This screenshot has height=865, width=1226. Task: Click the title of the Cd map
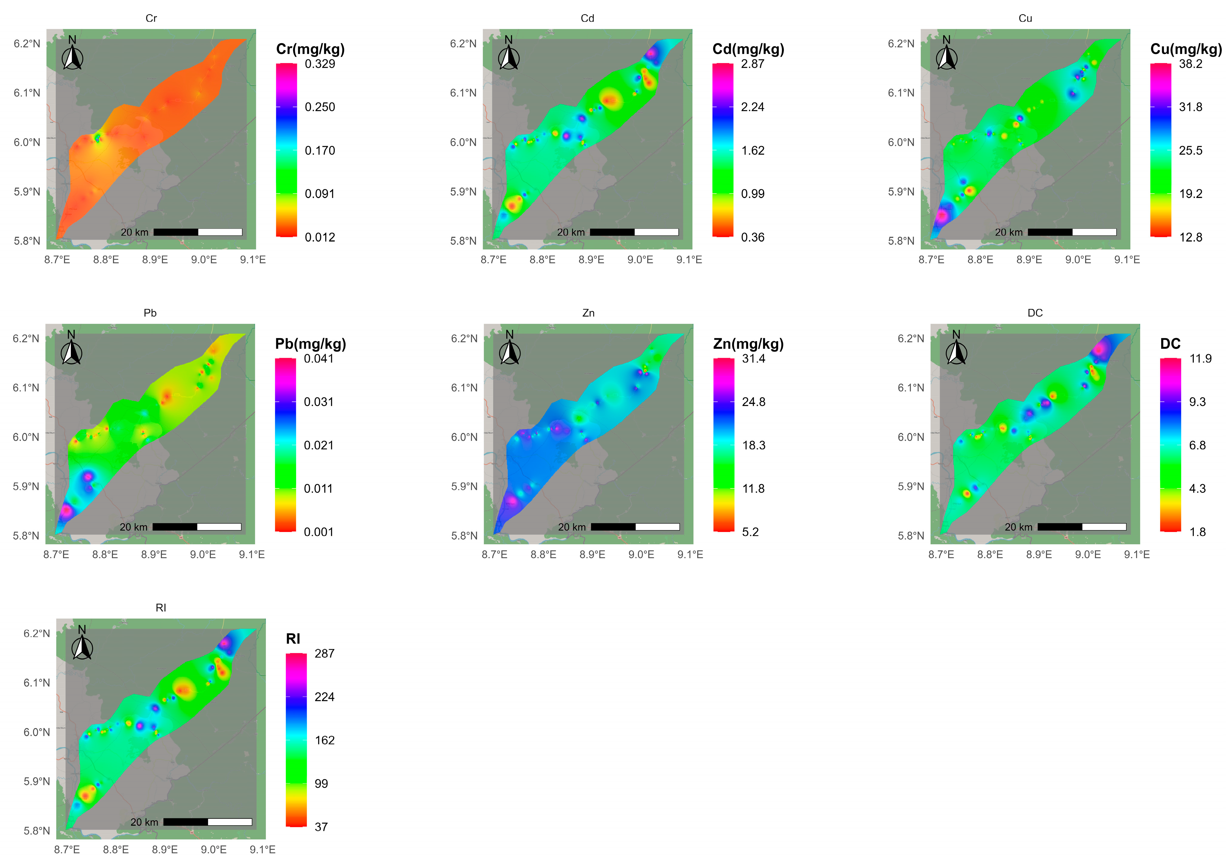click(x=587, y=18)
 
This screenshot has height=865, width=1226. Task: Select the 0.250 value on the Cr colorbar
click(x=320, y=107)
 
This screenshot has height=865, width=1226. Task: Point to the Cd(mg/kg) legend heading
click(x=748, y=49)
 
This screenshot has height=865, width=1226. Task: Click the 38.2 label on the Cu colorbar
click(x=1190, y=64)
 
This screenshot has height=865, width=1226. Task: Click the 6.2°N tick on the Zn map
click(x=464, y=338)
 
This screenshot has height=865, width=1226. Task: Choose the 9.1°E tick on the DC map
click(x=1137, y=555)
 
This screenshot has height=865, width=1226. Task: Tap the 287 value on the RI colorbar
click(x=324, y=653)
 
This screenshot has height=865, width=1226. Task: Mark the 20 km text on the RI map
click(x=144, y=822)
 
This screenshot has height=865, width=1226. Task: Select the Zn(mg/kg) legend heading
click(x=748, y=344)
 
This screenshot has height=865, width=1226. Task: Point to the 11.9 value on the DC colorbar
click(x=1200, y=358)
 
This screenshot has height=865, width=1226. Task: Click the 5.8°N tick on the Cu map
click(x=901, y=241)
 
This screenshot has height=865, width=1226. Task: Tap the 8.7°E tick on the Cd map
click(x=493, y=260)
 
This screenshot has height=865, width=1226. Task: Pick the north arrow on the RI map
click(x=82, y=645)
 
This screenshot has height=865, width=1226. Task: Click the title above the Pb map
click(x=150, y=313)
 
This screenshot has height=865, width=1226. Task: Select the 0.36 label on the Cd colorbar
click(x=752, y=237)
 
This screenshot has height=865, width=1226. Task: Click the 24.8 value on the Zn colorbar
click(x=753, y=402)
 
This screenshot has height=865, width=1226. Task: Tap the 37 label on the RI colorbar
click(x=321, y=827)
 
